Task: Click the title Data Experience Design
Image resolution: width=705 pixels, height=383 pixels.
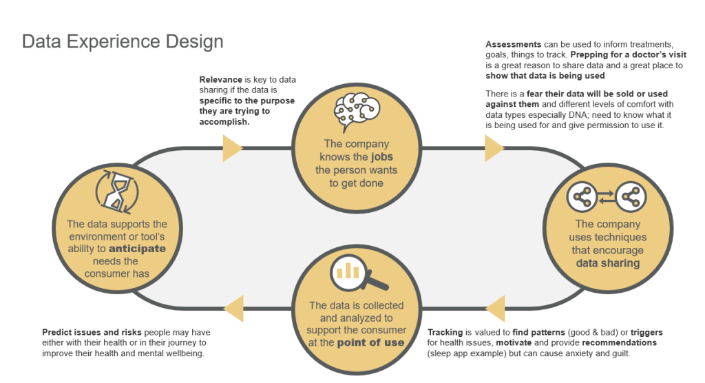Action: pos(123,42)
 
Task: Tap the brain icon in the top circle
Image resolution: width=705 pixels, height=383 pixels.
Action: pos(357,111)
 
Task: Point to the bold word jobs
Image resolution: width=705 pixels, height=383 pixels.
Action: pos(384,157)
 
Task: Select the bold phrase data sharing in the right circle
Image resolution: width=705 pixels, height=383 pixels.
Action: pos(607,263)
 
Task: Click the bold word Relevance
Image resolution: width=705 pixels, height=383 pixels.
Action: pos(221,80)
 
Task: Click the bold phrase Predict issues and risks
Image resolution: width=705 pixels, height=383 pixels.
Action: pos(89,332)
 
